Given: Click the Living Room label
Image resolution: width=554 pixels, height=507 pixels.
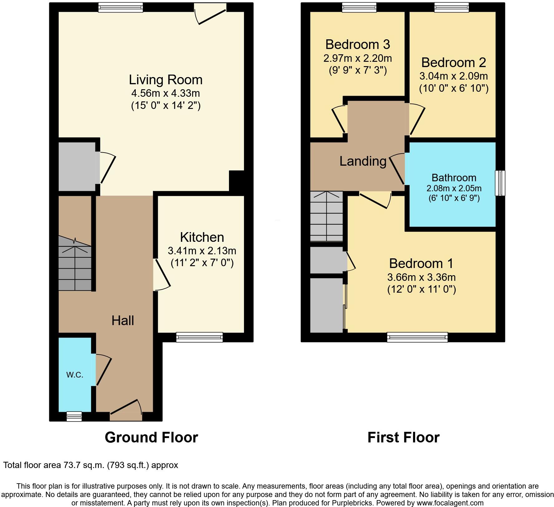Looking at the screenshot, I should pyautogui.click(x=166, y=80).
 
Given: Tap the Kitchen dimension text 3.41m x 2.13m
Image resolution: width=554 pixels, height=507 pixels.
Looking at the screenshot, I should pyautogui.click(x=202, y=251).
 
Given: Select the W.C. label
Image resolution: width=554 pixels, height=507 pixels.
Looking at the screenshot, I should pyautogui.click(x=75, y=375).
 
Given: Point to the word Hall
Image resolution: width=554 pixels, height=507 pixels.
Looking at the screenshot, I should pyautogui.click(x=123, y=321).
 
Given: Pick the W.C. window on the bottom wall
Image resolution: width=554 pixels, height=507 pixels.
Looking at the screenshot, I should pyautogui.click(x=74, y=416).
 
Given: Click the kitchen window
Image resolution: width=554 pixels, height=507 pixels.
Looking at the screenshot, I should pyautogui.click(x=199, y=337).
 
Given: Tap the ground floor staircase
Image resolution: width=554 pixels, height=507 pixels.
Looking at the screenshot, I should pyautogui.click(x=75, y=264).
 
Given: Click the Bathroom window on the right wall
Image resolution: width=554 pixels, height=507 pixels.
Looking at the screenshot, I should pyautogui.click(x=500, y=183).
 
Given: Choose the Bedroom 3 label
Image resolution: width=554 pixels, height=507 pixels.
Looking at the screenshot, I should pyautogui.click(x=357, y=45).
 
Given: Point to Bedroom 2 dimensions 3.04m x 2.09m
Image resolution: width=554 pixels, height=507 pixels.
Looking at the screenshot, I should pyautogui.click(x=454, y=76).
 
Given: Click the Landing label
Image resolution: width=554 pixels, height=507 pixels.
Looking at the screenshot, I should pyautogui.click(x=363, y=161).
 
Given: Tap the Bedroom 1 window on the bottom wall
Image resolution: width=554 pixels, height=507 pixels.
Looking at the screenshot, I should pyautogui.click(x=417, y=337).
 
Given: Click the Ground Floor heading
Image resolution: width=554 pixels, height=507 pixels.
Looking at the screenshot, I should pyautogui.click(x=151, y=437).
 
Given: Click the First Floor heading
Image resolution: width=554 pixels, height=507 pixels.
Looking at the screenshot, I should pyautogui.click(x=403, y=437).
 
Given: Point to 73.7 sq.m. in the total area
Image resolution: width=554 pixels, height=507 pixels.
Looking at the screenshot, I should pyautogui.click(x=84, y=465).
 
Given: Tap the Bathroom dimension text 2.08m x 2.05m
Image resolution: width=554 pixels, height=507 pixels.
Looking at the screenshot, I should pyautogui.click(x=454, y=188).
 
